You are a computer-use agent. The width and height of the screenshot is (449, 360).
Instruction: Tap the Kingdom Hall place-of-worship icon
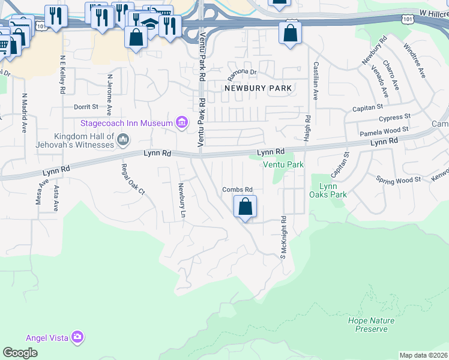123,140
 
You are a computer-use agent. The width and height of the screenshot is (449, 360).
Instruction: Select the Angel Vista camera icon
77,337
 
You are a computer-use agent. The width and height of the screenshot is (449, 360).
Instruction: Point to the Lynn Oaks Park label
328,190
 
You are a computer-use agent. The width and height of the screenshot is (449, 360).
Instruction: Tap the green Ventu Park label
282,164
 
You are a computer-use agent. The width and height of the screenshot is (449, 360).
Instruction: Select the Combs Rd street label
237,190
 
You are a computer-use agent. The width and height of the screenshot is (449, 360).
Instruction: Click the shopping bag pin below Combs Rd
245,208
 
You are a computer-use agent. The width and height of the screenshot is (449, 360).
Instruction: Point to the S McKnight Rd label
283,237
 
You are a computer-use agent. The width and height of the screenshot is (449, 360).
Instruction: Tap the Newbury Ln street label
180,196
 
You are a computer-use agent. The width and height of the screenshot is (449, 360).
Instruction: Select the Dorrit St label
85,107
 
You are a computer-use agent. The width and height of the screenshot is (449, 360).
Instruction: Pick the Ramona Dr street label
242,75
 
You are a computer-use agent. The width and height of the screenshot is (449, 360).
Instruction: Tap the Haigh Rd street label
307,129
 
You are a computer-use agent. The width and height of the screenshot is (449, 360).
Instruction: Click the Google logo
20,353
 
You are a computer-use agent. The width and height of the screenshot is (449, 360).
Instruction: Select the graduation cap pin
150,25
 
